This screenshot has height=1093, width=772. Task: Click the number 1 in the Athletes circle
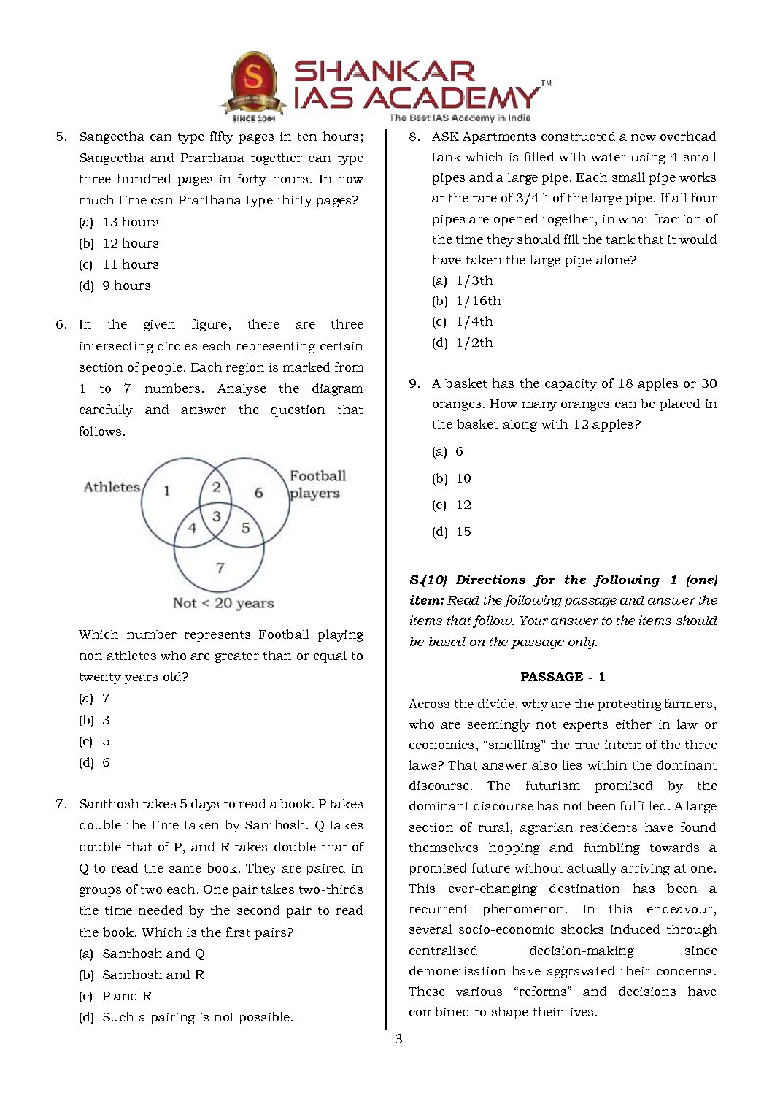(166, 491)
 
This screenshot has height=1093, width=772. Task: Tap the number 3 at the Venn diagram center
(216, 516)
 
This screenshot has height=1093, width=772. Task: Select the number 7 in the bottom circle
(220, 567)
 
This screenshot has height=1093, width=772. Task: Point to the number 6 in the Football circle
(258, 493)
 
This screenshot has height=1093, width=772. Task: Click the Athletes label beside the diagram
(112, 487)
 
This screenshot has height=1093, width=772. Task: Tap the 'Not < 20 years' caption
(223, 603)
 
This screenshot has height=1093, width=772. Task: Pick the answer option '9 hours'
(126, 285)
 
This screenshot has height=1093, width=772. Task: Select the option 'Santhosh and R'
(153, 975)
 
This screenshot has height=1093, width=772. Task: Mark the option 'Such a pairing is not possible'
(197, 1017)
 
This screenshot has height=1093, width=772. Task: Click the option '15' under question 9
(463, 532)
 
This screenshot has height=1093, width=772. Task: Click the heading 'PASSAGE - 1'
(563, 677)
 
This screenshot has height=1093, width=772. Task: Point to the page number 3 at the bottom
(398, 1039)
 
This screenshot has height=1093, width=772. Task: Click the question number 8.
(414, 137)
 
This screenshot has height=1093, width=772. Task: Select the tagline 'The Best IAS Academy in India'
(460, 118)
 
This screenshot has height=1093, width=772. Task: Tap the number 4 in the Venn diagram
(192, 527)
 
